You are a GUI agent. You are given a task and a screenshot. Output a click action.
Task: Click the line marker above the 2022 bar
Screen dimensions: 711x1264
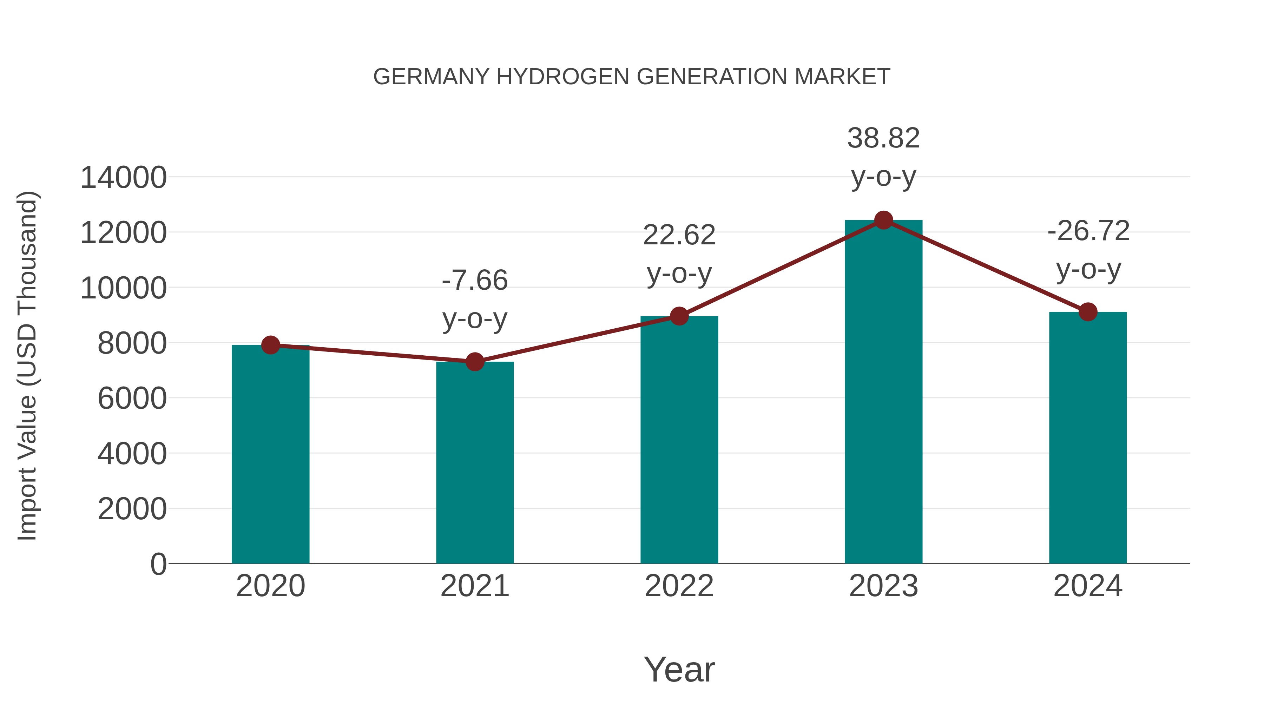(679, 316)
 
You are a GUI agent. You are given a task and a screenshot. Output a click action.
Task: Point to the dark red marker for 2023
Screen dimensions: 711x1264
(883, 220)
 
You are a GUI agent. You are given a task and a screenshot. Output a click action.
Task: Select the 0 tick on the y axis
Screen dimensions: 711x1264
(158, 564)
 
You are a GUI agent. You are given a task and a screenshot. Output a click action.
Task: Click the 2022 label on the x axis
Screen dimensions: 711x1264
(679, 586)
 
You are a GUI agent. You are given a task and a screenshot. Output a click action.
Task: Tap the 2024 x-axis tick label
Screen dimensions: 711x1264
(1088, 586)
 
